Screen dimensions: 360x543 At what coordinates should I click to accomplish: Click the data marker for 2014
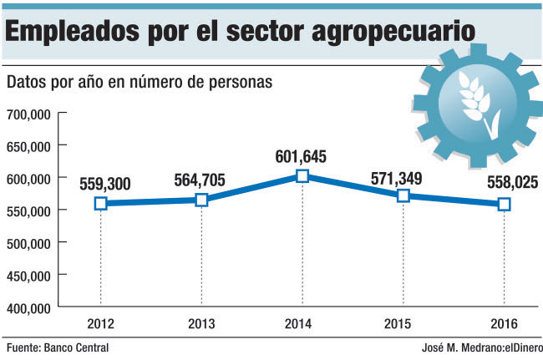[302, 175]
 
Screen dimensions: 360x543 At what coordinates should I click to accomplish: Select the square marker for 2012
[100, 203]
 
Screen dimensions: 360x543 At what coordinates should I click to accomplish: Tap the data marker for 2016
[505, 204]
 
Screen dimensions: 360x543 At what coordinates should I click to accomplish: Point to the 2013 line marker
[201, 200]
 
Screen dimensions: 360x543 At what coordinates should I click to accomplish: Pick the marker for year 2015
[403, 195]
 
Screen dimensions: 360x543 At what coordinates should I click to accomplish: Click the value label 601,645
[302, 156]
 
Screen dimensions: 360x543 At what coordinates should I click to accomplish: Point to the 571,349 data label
[403, 176]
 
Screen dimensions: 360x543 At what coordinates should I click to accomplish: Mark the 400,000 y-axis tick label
[29, 307]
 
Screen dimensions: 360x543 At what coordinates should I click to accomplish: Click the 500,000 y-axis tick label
[29, 242]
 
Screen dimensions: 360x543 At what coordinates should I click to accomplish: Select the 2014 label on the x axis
[302, 324]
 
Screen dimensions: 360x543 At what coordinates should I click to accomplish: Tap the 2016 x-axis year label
[505, 324]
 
